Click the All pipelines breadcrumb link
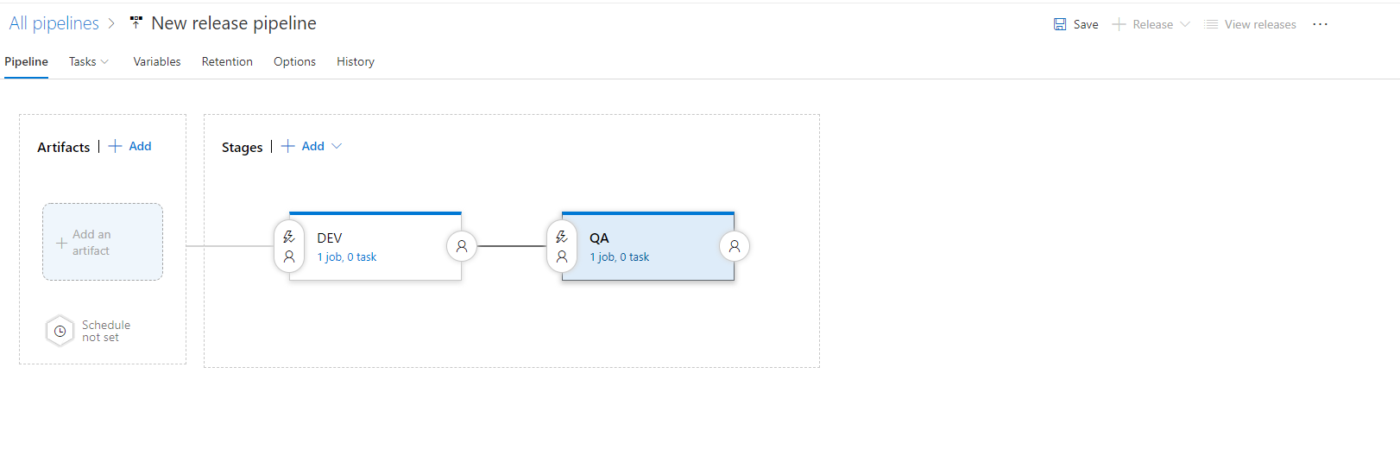54,23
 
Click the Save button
1076,24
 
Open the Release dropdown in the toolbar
1151,24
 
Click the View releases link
1251,24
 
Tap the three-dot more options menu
1320,24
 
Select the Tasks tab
88,61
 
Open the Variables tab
157,61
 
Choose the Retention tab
227,61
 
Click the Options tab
294,61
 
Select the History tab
356,61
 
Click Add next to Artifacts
130,146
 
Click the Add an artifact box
103,242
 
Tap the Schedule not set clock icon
60,331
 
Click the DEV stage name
330,237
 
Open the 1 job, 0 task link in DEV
347,256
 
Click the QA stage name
599,237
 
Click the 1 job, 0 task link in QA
620,256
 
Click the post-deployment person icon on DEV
462,246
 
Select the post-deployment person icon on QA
735,246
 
